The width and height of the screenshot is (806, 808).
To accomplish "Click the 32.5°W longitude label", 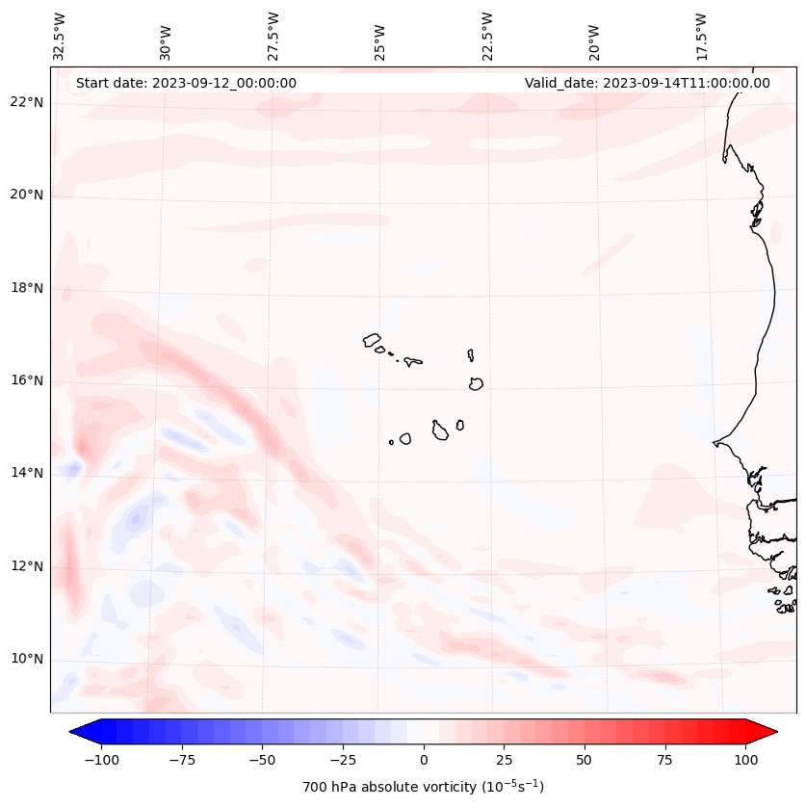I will (60, 37).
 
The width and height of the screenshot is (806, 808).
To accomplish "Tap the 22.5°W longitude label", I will (487, 37).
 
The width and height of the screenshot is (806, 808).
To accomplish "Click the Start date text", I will (186, 83).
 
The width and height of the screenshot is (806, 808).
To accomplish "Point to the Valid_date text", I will (647, 83).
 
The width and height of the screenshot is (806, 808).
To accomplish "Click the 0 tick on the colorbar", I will (424, 760).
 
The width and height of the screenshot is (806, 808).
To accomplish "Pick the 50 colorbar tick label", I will (585, 760).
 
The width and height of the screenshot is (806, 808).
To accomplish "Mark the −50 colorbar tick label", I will (260, 760).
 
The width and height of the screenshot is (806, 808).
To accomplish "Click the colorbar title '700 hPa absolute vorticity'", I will (423, 787).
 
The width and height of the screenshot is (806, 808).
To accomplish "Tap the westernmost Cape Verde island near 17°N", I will (372, 340).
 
